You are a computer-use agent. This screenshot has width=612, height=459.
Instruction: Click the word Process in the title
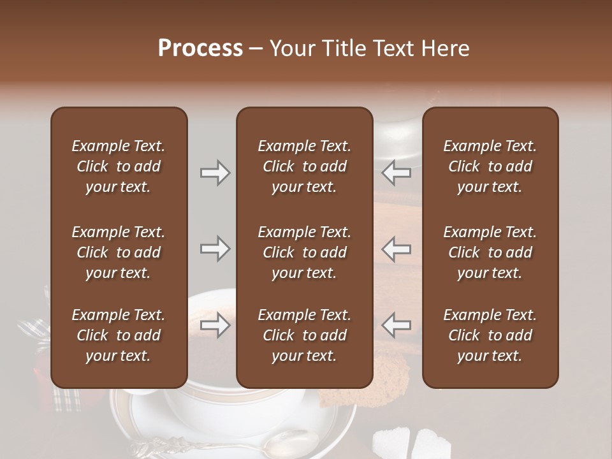pos(200,48)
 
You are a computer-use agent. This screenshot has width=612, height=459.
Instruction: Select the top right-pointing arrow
pos(215,173)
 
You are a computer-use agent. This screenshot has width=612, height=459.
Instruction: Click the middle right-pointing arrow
pos(215,249)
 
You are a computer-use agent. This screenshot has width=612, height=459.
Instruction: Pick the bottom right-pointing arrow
pos(215,325)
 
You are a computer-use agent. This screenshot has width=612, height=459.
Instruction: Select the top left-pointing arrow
pos(397,173)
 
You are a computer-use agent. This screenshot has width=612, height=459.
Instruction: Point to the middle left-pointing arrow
pos(397,249)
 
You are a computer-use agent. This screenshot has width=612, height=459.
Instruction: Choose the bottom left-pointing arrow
pos(397,325)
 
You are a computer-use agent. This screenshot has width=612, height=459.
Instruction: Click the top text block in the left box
pos(119,166)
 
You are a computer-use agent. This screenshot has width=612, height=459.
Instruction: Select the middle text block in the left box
pos(119,252)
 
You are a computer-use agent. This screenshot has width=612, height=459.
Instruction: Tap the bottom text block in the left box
pos(119,335)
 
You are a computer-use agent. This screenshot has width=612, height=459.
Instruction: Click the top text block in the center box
pos(304,166)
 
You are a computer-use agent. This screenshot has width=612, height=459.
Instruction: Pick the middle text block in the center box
pos(304,252)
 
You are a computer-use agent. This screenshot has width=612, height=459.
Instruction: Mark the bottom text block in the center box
pos(304,335)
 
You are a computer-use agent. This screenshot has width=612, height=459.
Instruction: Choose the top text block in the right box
pos(490,166)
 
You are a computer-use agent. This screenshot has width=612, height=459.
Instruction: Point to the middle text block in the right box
pos(490,252)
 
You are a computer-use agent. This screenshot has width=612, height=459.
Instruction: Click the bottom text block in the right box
pos(490,335)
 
